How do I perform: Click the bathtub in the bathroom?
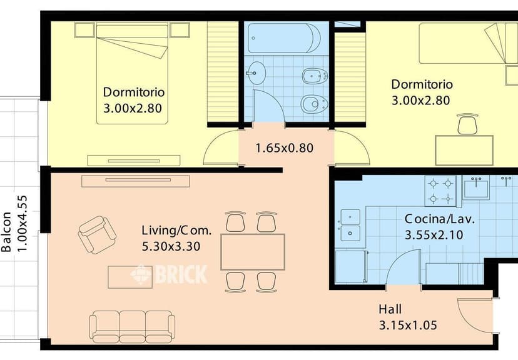point(284,38)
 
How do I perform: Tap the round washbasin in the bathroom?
point(256,73)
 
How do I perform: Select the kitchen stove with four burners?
point(440,191)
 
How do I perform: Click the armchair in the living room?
point(97,234)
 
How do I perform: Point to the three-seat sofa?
point(132,327)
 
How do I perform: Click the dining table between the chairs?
point(253,252)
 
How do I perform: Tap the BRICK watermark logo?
point(169,274)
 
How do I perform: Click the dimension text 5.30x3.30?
point(171,246)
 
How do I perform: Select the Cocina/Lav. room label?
point(440,219)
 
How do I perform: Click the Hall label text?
point(390,309)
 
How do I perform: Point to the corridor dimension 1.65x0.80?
point(285,148)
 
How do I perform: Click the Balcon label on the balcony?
point(6,232)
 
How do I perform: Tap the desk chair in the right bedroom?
point(467,124)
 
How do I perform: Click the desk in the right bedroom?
point(464,150)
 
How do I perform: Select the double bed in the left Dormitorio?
point(132,73)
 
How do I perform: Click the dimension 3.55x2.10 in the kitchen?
point(434,235)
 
